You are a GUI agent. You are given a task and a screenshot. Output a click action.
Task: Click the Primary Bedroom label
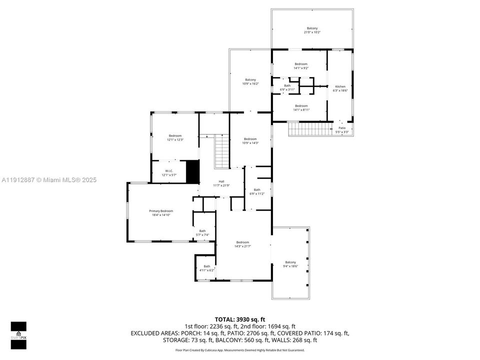(160, 213)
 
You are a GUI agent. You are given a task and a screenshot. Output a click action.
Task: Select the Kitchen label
(339, 88)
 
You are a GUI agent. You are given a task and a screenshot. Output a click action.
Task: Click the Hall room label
(221, 183)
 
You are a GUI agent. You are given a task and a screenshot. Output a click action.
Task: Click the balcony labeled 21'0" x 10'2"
(312, 30)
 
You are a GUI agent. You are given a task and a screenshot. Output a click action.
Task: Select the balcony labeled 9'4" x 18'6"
(290, 264)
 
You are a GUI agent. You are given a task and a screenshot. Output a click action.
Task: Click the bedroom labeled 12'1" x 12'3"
(175, 137)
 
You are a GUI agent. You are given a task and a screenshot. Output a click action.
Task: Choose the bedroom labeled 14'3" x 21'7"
(242, 244)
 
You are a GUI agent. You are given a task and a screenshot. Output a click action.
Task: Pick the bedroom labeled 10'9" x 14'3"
(250, 140)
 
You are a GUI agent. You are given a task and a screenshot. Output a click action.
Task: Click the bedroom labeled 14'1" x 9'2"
(301, 65)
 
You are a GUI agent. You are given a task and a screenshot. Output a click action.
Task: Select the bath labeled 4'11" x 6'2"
(206, 268)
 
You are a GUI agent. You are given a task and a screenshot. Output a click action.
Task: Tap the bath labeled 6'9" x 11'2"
(257, 191)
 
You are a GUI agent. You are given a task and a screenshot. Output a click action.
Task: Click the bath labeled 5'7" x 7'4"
(202, 232)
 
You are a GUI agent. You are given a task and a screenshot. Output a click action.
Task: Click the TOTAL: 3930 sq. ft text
(239, 318)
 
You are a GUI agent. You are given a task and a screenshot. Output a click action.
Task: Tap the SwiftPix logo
(18, 331)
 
